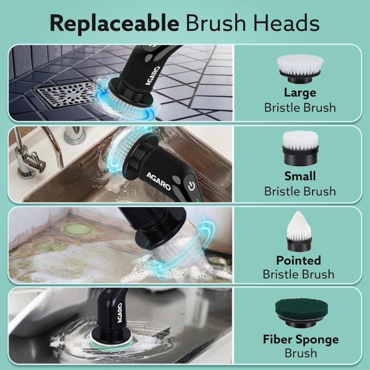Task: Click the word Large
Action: pos(300,93)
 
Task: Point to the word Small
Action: pos(300,176)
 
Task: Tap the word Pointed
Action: pos(299,260)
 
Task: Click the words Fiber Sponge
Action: pos(300,339)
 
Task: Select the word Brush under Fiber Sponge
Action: pos(300,353)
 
